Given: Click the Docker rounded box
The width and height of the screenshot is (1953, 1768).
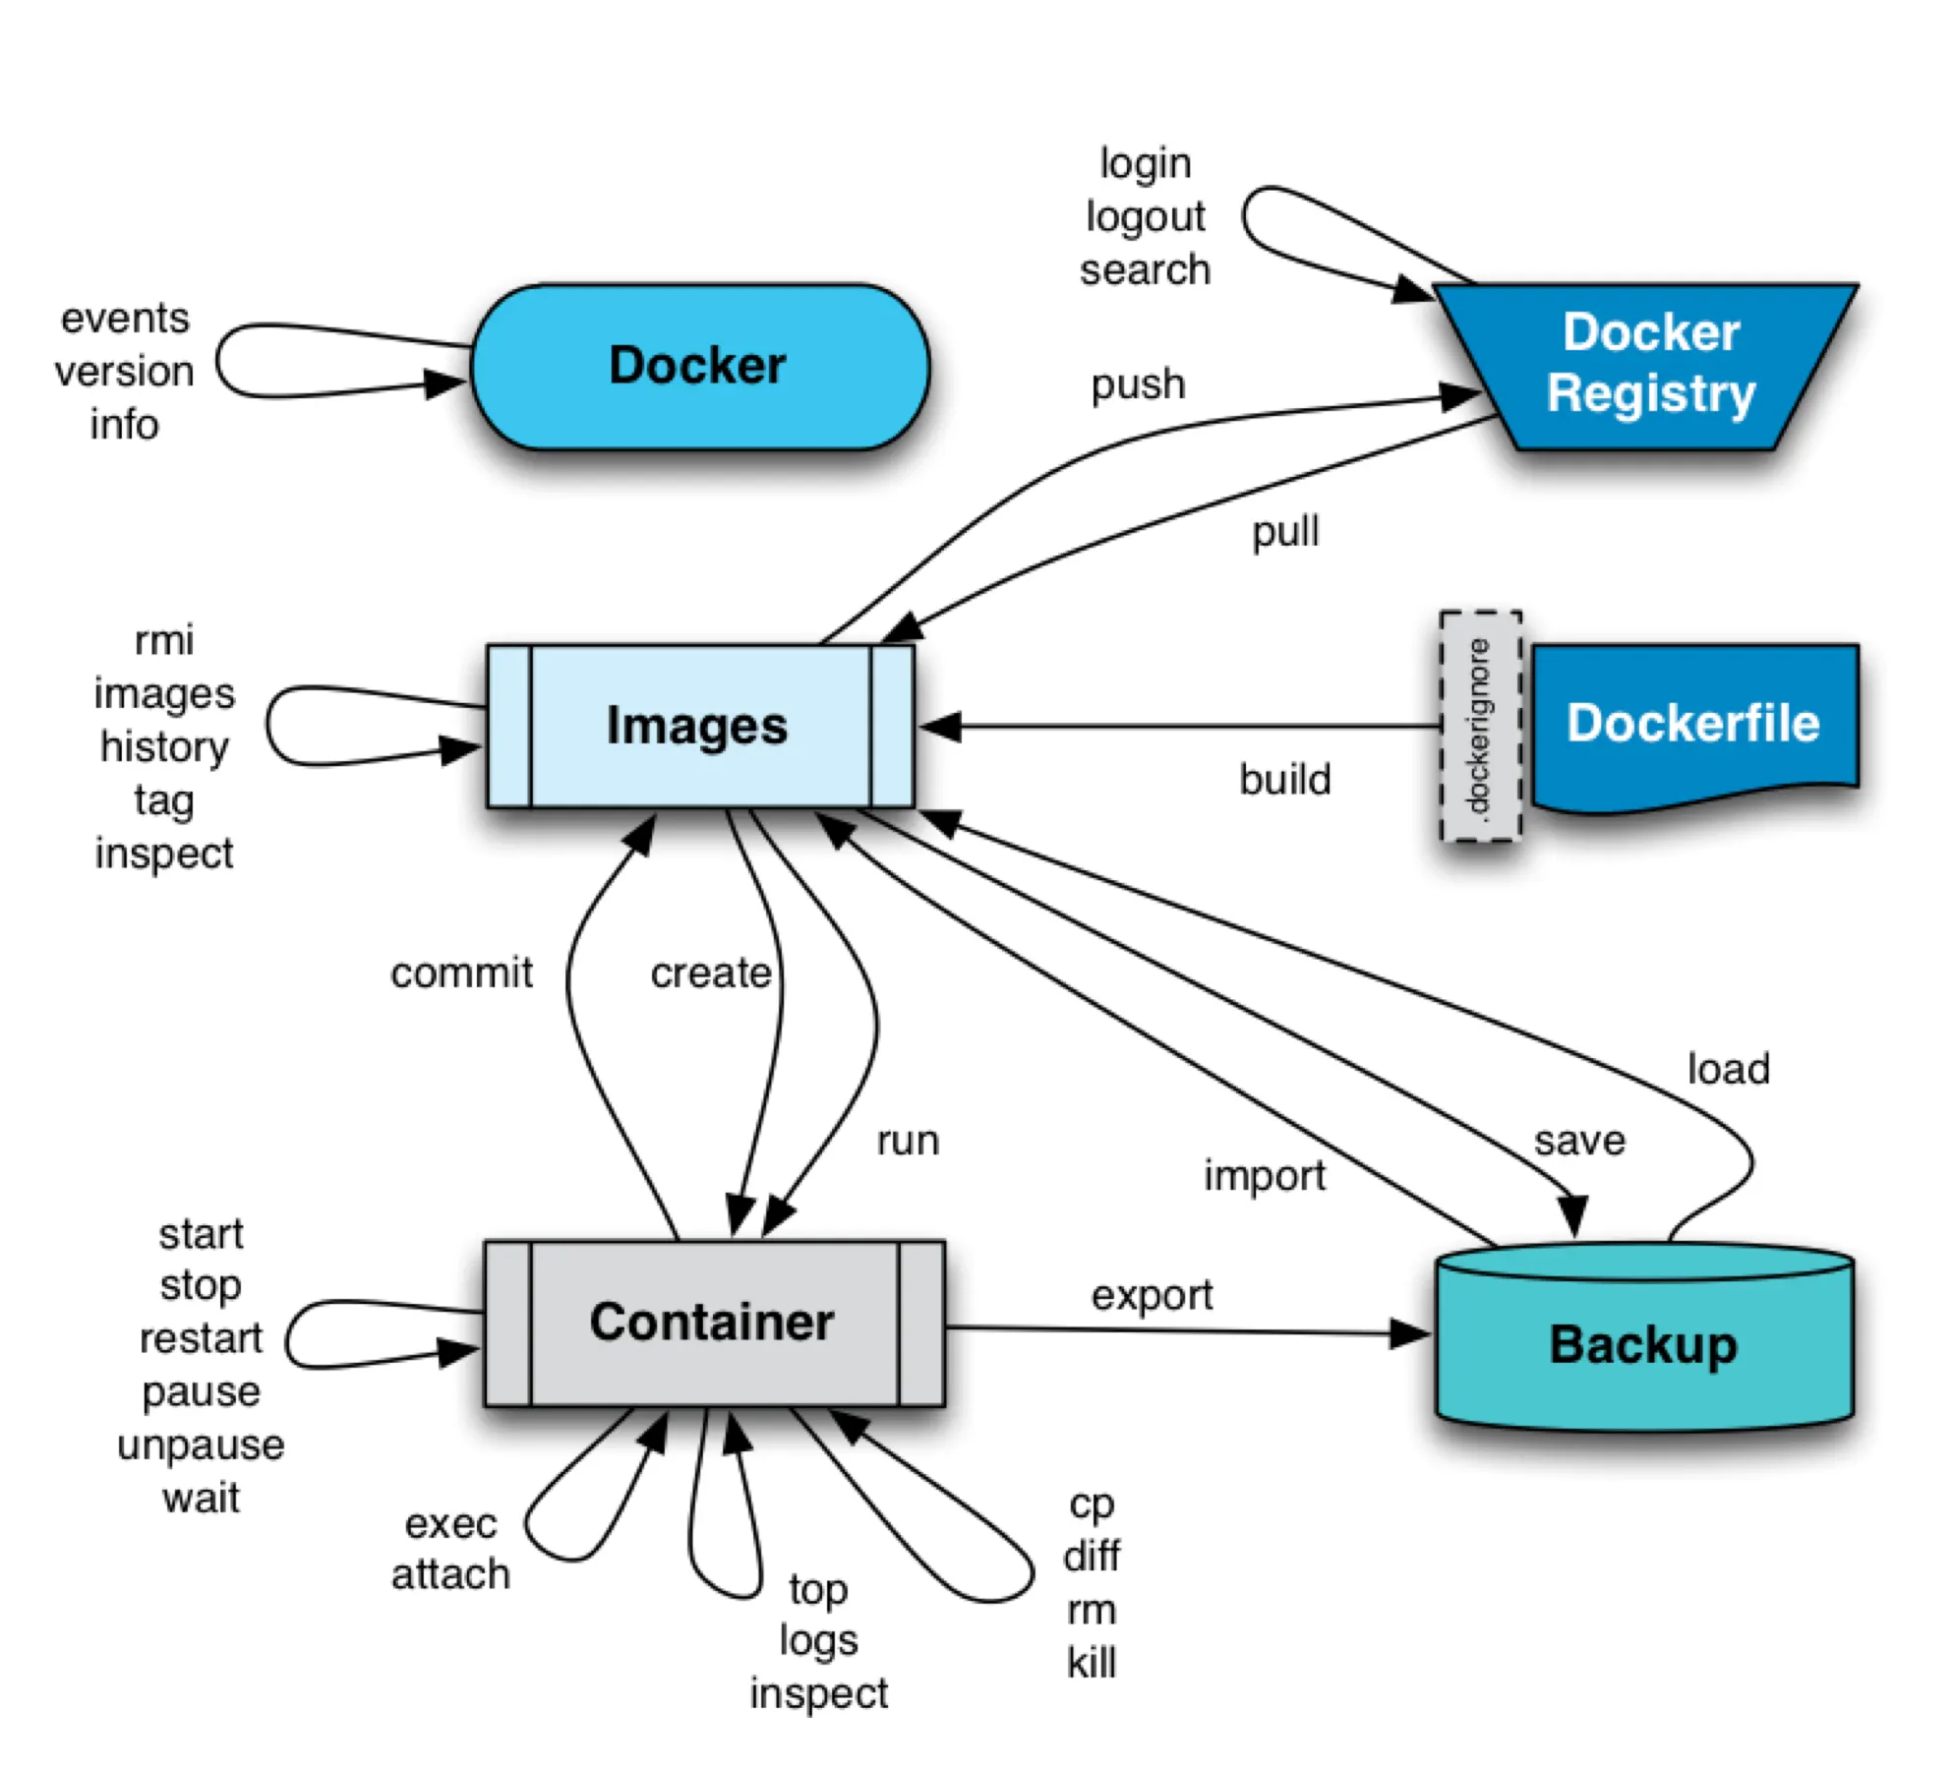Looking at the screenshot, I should [x=699, y=367].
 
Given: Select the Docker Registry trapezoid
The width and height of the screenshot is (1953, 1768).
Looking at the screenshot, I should [x=1650, y=364].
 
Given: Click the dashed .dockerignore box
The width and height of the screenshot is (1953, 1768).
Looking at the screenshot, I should [x=1480, y=726].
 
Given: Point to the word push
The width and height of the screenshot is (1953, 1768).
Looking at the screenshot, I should [x=1138, y=384].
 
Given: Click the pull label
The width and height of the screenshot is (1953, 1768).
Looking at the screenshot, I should [x=1284, y=533].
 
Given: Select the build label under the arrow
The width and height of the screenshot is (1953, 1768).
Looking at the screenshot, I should [x=1284, y=780].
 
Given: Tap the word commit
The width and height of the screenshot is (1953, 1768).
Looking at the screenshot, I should [x=461, y=973].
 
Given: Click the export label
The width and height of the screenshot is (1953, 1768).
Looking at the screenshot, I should [x=1152, y=1296].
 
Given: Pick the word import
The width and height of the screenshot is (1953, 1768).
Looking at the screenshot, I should [x=1265, y=1176].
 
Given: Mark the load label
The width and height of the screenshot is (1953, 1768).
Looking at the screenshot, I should [x=1728, y=1069].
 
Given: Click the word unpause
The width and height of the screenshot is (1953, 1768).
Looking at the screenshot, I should [x=201, y=1445].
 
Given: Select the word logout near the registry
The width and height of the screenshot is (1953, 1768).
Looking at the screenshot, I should [x=1145, y=216].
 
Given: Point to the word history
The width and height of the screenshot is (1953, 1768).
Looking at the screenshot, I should [x=164, y=747].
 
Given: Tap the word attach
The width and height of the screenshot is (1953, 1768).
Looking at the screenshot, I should [x=450, y=1574].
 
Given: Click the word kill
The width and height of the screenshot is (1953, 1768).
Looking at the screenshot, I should [x=1092, y=1663].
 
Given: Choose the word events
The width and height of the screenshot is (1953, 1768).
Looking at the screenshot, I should [x=125, y=319].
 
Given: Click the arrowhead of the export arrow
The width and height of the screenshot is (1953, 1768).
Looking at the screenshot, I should [x=1412, y=1333].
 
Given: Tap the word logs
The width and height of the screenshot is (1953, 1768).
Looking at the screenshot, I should [x=818, y=1640].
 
